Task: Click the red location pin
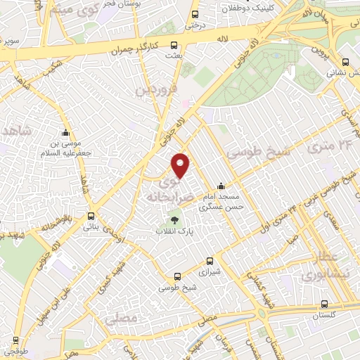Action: pos(181,165)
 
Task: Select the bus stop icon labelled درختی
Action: pos(195,14)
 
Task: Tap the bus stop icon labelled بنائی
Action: pos(91,216)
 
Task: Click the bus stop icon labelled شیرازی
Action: pos(208,259)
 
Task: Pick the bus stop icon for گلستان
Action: pos(324,304)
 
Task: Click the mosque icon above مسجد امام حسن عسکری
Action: pos(221,186)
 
